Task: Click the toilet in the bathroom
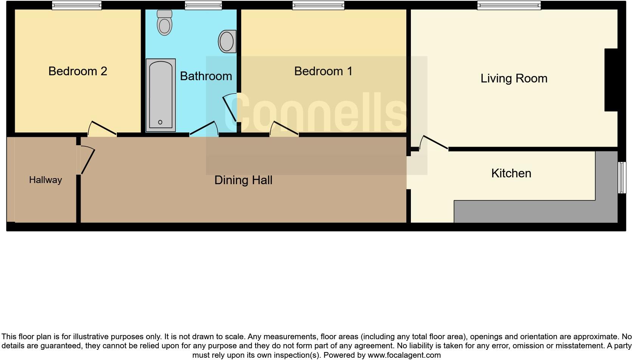(x=164, y=23)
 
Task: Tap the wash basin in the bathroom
(x=227, y=41)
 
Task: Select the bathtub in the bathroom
(x=161, y=95)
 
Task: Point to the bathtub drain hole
(x=160, y=122)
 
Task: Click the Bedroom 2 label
(x=78, y=71)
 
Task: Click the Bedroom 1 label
(x=323, y=71)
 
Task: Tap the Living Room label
(x=514, y=78)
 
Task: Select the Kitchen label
(x=511, y=173)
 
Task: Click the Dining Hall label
(x=243, y=180)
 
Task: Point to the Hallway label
(x=45, y=180)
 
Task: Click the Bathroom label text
(x=206, y=76)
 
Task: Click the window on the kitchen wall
(x=622, y=177)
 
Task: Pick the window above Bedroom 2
(x=77, y=5)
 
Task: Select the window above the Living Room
(x=509, y=5)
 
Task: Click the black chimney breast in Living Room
(x=611, y=80)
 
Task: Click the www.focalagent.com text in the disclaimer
(x=404, y=355)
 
